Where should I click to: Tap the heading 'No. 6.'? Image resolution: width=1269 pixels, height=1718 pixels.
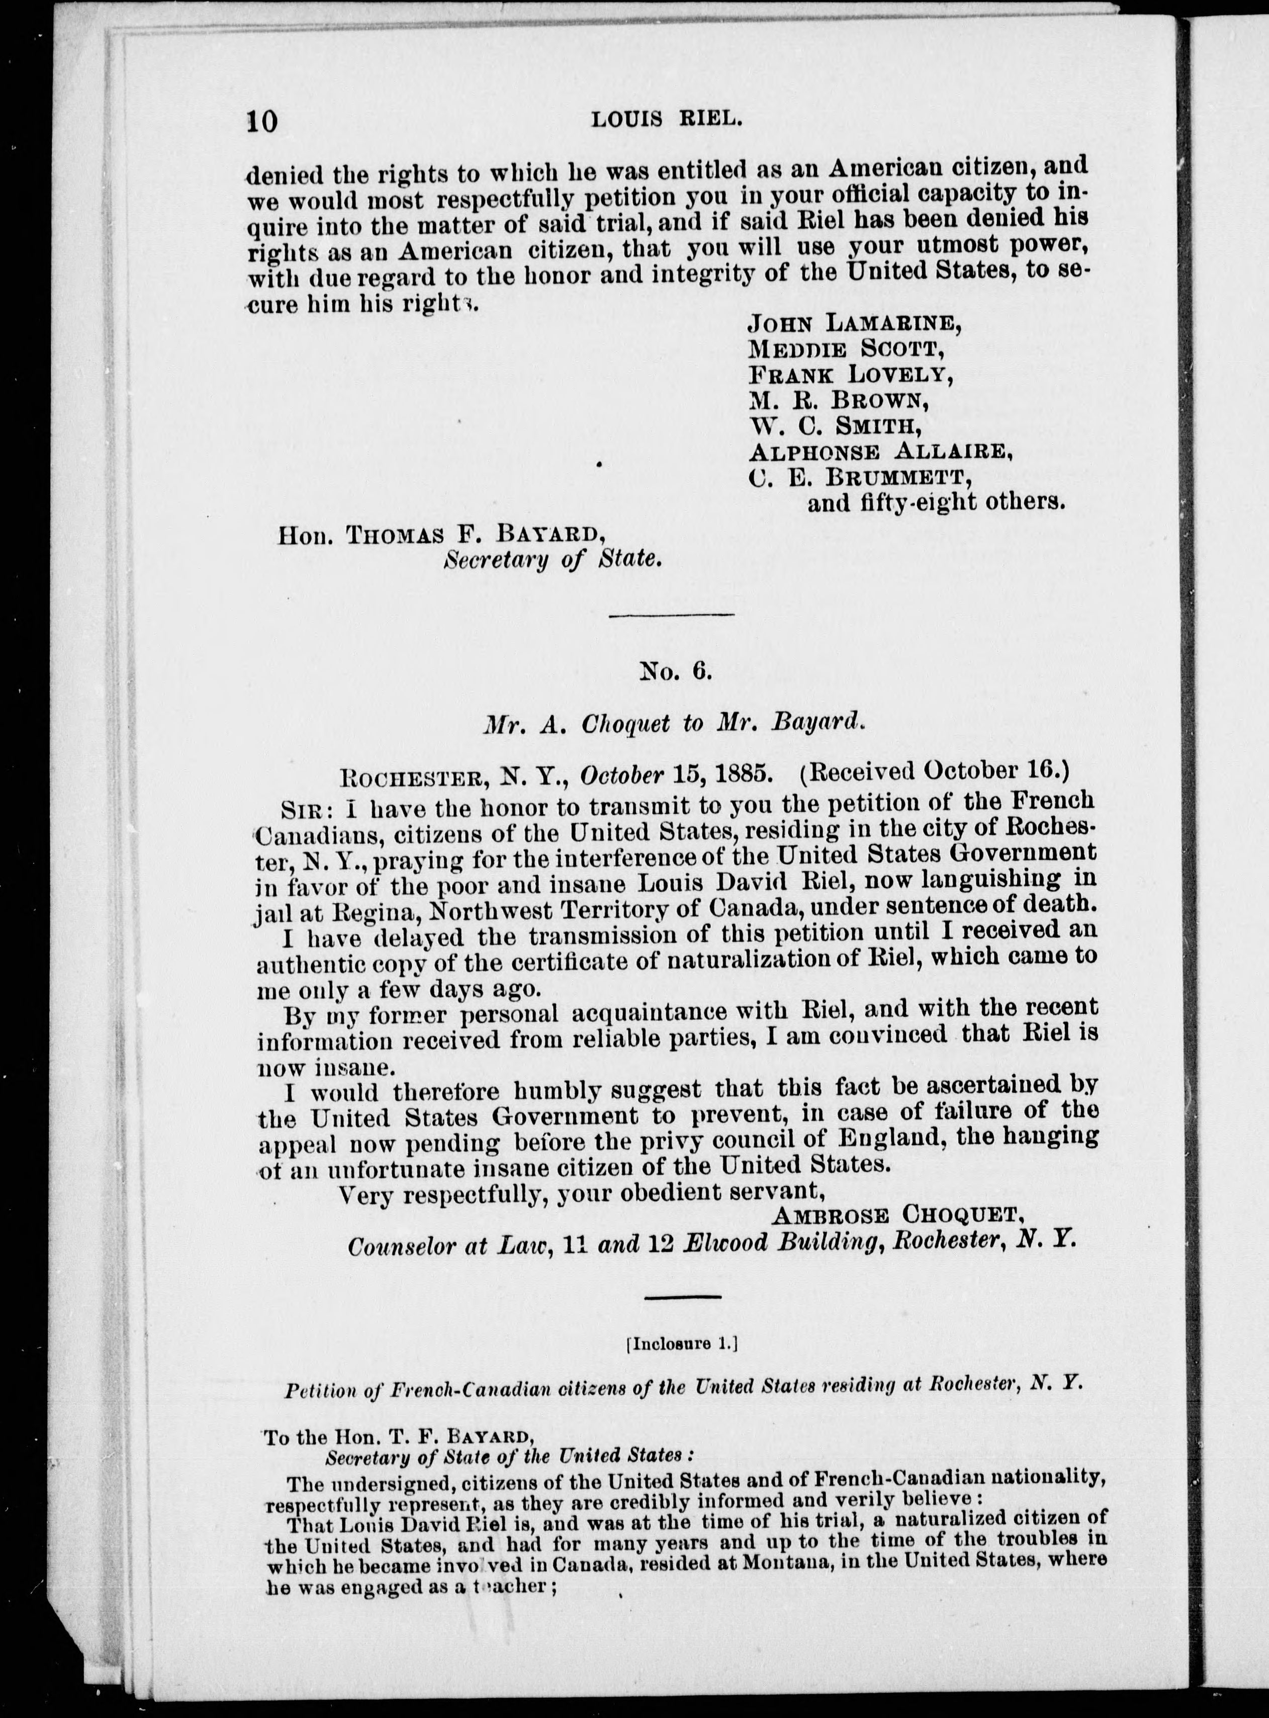coord(677,671)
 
